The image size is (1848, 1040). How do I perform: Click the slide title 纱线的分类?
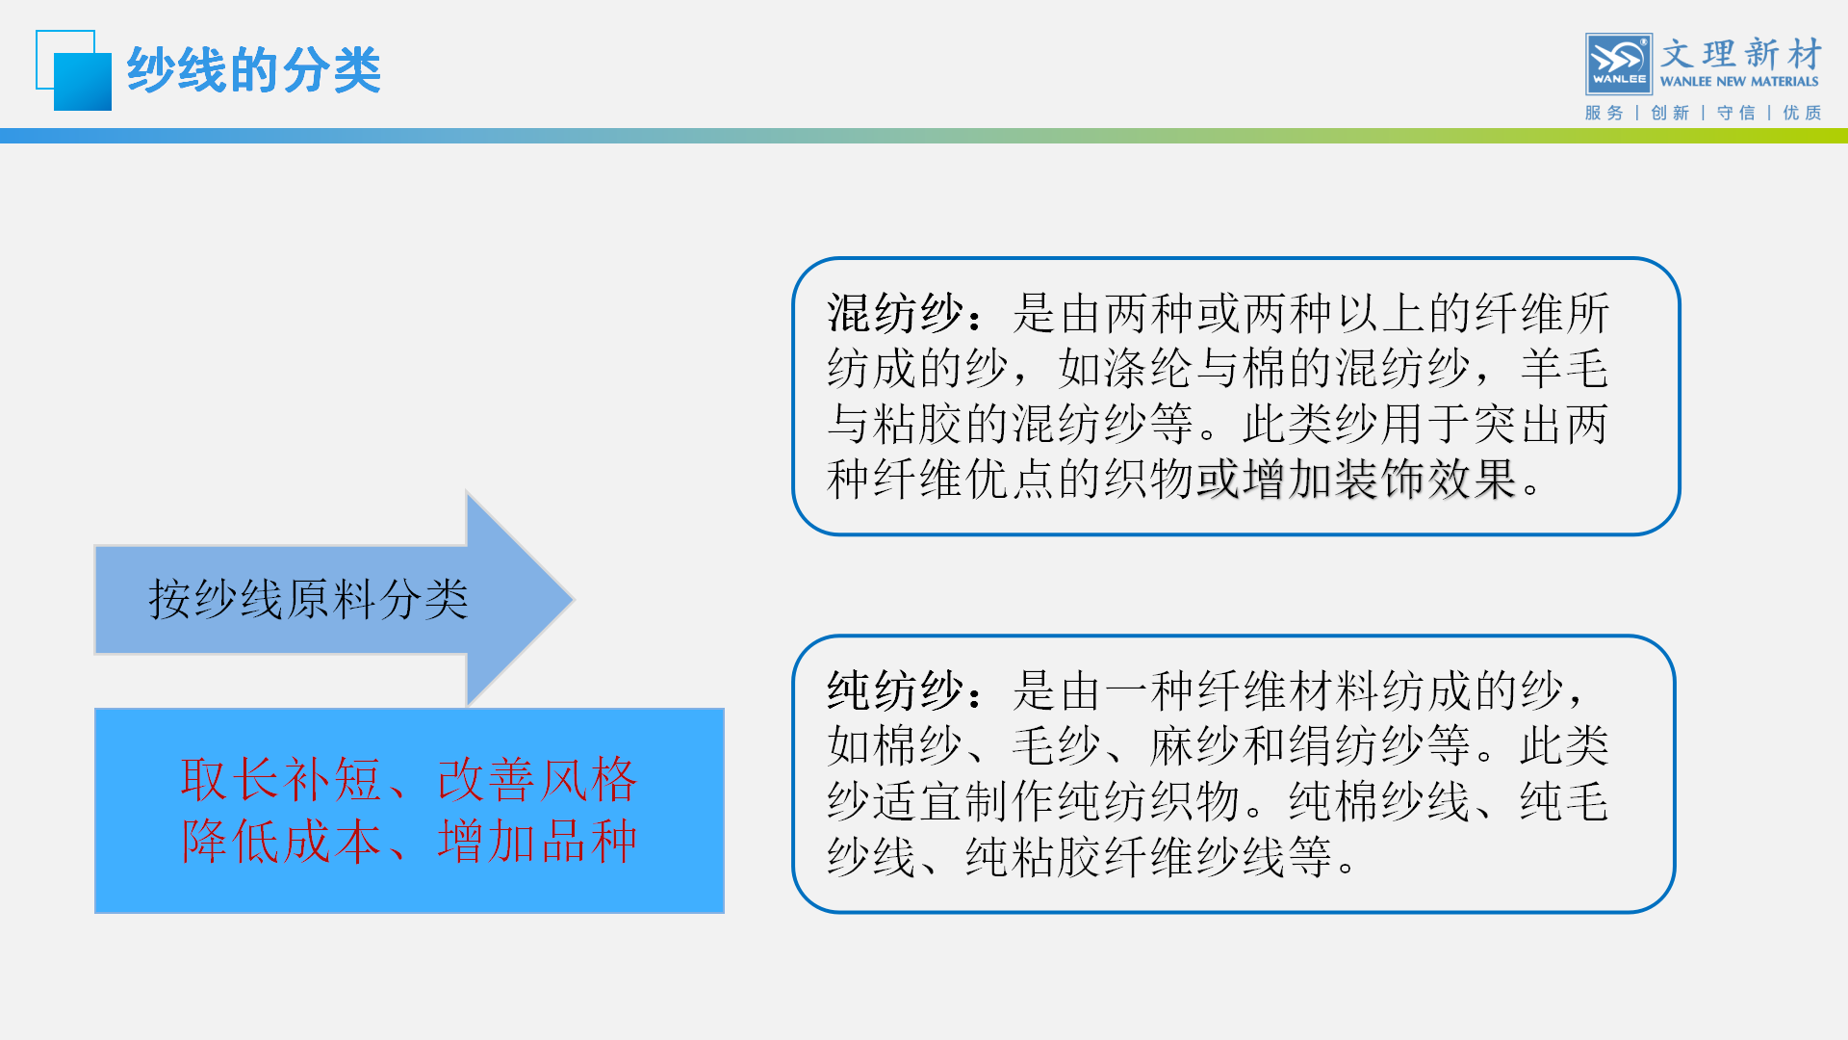click(254, 70)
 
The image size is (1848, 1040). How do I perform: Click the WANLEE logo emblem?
click(1619, 64)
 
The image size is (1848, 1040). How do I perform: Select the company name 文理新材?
click(1741, 54)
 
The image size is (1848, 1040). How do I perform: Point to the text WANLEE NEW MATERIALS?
click(1739, 82)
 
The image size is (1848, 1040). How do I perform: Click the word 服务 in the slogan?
click(1604, 113)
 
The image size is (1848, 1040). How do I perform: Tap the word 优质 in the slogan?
click(1802, 113)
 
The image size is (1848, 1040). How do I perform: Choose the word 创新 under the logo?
click(1670, 113)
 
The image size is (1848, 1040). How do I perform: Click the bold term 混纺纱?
click(895, 313)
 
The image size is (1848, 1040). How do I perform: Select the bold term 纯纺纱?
click(895, 690)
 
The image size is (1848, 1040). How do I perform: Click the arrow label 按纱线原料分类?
click(308, 599)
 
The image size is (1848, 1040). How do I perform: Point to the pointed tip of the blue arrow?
click(574, 599)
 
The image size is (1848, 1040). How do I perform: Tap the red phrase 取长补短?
click(281, 779)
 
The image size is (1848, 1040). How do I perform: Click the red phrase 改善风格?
click(537, 779)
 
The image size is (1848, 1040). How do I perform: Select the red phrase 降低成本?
click(281, 842)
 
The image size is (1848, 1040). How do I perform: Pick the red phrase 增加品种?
click(537, 842)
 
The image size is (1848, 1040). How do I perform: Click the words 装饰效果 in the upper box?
click(1426, 479)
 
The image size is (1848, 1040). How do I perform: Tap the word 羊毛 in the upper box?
click(1565, 368)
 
